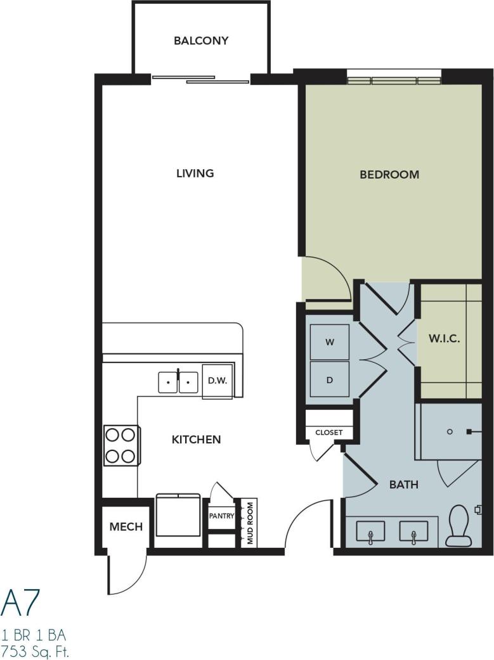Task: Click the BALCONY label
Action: tap(200, 41)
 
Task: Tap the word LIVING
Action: tap(195, 173)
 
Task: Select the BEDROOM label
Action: tap(389, 174)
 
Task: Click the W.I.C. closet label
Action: tap(444, 339)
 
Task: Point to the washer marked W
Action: tap(329, 342)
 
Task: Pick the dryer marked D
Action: tap(329, 379)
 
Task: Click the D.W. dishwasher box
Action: tap(218, 381)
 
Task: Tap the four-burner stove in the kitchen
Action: tap(120, 445)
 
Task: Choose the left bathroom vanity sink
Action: tap(370, 532)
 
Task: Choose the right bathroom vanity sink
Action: tap(413, 532)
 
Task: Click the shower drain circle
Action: tap(449, 432)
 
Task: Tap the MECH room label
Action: tap(126, 526)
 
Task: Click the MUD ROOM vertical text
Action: tap(250, 523)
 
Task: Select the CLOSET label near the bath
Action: tap(328, 433)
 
